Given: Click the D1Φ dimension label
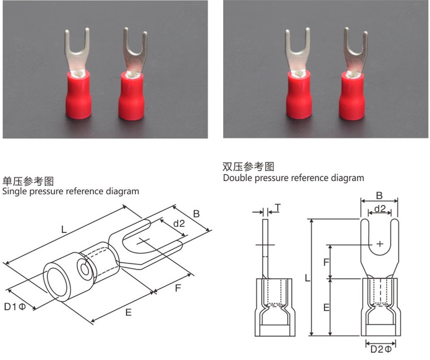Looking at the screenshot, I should [15, 307].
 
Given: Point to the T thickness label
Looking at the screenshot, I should [278, 207].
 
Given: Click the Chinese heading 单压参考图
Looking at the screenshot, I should [28, 182].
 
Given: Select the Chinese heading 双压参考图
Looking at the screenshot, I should [248, 167].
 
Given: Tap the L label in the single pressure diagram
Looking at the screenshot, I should [64, 230].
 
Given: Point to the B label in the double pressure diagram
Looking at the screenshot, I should [378, 195].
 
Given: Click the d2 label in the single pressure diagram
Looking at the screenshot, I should [179, 223].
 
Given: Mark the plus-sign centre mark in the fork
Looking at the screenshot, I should [380, 244].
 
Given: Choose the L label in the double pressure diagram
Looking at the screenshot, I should [307, 278].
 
